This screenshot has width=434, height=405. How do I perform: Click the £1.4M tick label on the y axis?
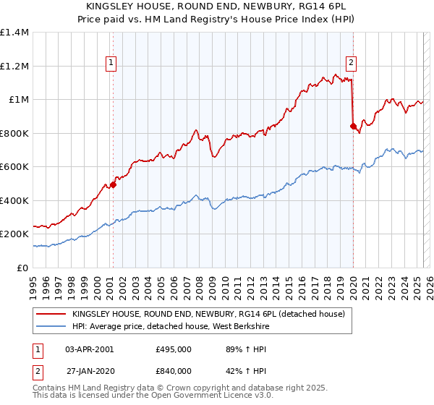click(14, 33)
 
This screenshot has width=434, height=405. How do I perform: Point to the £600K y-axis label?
click(14, 167)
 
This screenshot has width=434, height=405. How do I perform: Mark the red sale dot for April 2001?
click(113, 184)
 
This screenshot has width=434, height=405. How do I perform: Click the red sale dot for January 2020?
click(353, 127)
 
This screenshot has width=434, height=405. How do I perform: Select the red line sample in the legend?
click(51, 314)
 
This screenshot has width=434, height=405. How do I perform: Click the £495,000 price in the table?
click(174, 349)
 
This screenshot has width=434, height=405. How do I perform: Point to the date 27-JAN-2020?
click(90, 371)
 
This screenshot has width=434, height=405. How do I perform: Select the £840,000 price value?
click(174, 371)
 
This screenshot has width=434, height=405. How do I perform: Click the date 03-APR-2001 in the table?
click(90, 349)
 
